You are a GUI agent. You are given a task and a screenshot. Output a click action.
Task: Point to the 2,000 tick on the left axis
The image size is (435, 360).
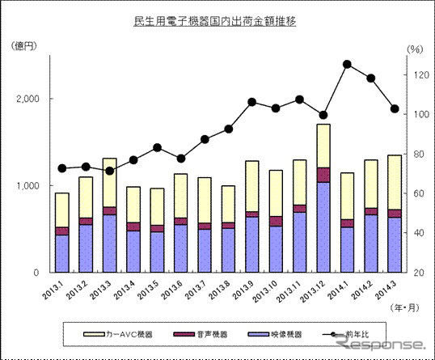[x=29, y=99]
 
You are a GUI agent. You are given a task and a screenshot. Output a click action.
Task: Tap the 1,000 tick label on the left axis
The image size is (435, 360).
[x=29, y=186]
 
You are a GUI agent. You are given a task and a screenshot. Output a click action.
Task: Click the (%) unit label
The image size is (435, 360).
[x=415, y=49]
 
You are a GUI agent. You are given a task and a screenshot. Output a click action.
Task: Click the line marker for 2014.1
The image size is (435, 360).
[x=347, y=64]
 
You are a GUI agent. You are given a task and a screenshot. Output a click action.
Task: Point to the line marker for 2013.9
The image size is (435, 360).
[x=252, y=102]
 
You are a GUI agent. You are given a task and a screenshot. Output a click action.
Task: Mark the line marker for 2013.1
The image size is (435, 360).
[x=61, y=168]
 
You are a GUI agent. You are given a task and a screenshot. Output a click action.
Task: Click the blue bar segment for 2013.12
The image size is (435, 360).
[x=323, y=227]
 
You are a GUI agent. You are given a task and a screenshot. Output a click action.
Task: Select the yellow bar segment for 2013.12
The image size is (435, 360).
[x=323, y=146]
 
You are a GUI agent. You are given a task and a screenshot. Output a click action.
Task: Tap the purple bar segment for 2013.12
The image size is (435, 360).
[x=323, y=175]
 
